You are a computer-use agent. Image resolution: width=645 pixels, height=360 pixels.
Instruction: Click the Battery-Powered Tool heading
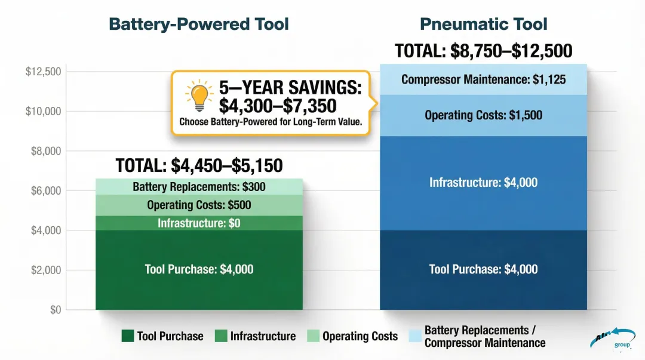pyautogui.click(x=199, y=24)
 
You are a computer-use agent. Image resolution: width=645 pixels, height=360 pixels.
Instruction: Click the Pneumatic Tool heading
pyautogui.click(x=483, y=24)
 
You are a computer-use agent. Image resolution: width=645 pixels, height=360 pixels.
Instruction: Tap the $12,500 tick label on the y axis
pyautogui.click(x=44, y=72)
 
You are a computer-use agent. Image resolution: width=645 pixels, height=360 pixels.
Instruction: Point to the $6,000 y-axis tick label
pyautogui.click(x=46, y=191)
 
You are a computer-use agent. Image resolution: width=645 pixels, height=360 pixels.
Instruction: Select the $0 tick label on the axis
pyautogui.click(x=56, y=310)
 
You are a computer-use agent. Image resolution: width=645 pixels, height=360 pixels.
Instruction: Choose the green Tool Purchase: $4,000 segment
pyautogui.click(x=199, y=269)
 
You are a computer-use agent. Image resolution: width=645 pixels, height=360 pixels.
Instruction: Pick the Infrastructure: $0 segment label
pyautogui.click(x=199, y=223)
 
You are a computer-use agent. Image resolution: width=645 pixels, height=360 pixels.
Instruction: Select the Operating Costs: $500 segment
pyautogui.click(x=199, y=205)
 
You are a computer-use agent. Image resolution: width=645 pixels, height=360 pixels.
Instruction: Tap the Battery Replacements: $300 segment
pyautogui.click(x=199, y=187)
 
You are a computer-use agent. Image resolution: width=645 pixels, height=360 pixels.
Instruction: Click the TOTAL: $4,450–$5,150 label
pyautogui.click(x=199, y=165)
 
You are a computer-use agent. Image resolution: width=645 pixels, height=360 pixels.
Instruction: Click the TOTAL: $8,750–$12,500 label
pyautogui.click(x=483, y=51)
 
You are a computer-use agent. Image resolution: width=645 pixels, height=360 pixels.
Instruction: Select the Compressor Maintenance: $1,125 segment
pyautogui.click(x=483, y=79)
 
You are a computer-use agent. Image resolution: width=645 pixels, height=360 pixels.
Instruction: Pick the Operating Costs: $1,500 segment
pyautogui.click(x=483, y=115)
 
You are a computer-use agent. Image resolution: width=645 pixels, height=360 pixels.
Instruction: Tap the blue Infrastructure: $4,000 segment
pyautogui.click(x=483, y=182)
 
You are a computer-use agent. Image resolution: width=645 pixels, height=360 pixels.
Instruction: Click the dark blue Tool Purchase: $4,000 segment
pyautogui.click(x=483, y=269)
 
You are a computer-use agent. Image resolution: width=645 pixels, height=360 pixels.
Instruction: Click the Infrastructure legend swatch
pyautogui.click(x=221, y=336)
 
